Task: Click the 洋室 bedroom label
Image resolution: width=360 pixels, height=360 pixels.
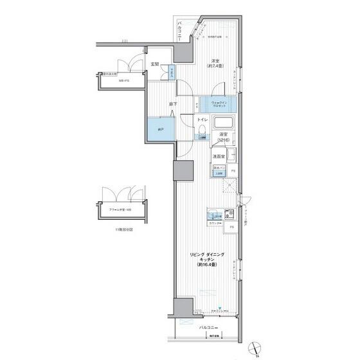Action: pos(214,62)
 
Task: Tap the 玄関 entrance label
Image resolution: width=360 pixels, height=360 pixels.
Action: pos(155,64)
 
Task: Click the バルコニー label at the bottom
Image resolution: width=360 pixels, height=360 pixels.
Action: pos(207,327)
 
